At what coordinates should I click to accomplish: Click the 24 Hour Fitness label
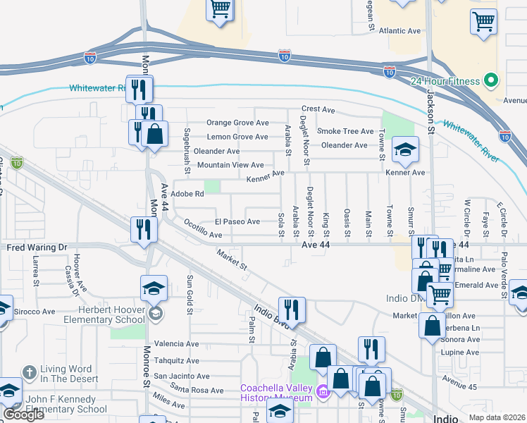click(x=445, y=81)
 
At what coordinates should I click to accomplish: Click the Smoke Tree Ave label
click(x=345, y=131)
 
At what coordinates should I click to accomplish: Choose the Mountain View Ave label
click(x=230, y=165)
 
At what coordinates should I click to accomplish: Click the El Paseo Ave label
click(x=237, y=221)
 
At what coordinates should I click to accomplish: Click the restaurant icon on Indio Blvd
click(x=291, y=308)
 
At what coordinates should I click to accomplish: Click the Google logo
click(x=23, y=414)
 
